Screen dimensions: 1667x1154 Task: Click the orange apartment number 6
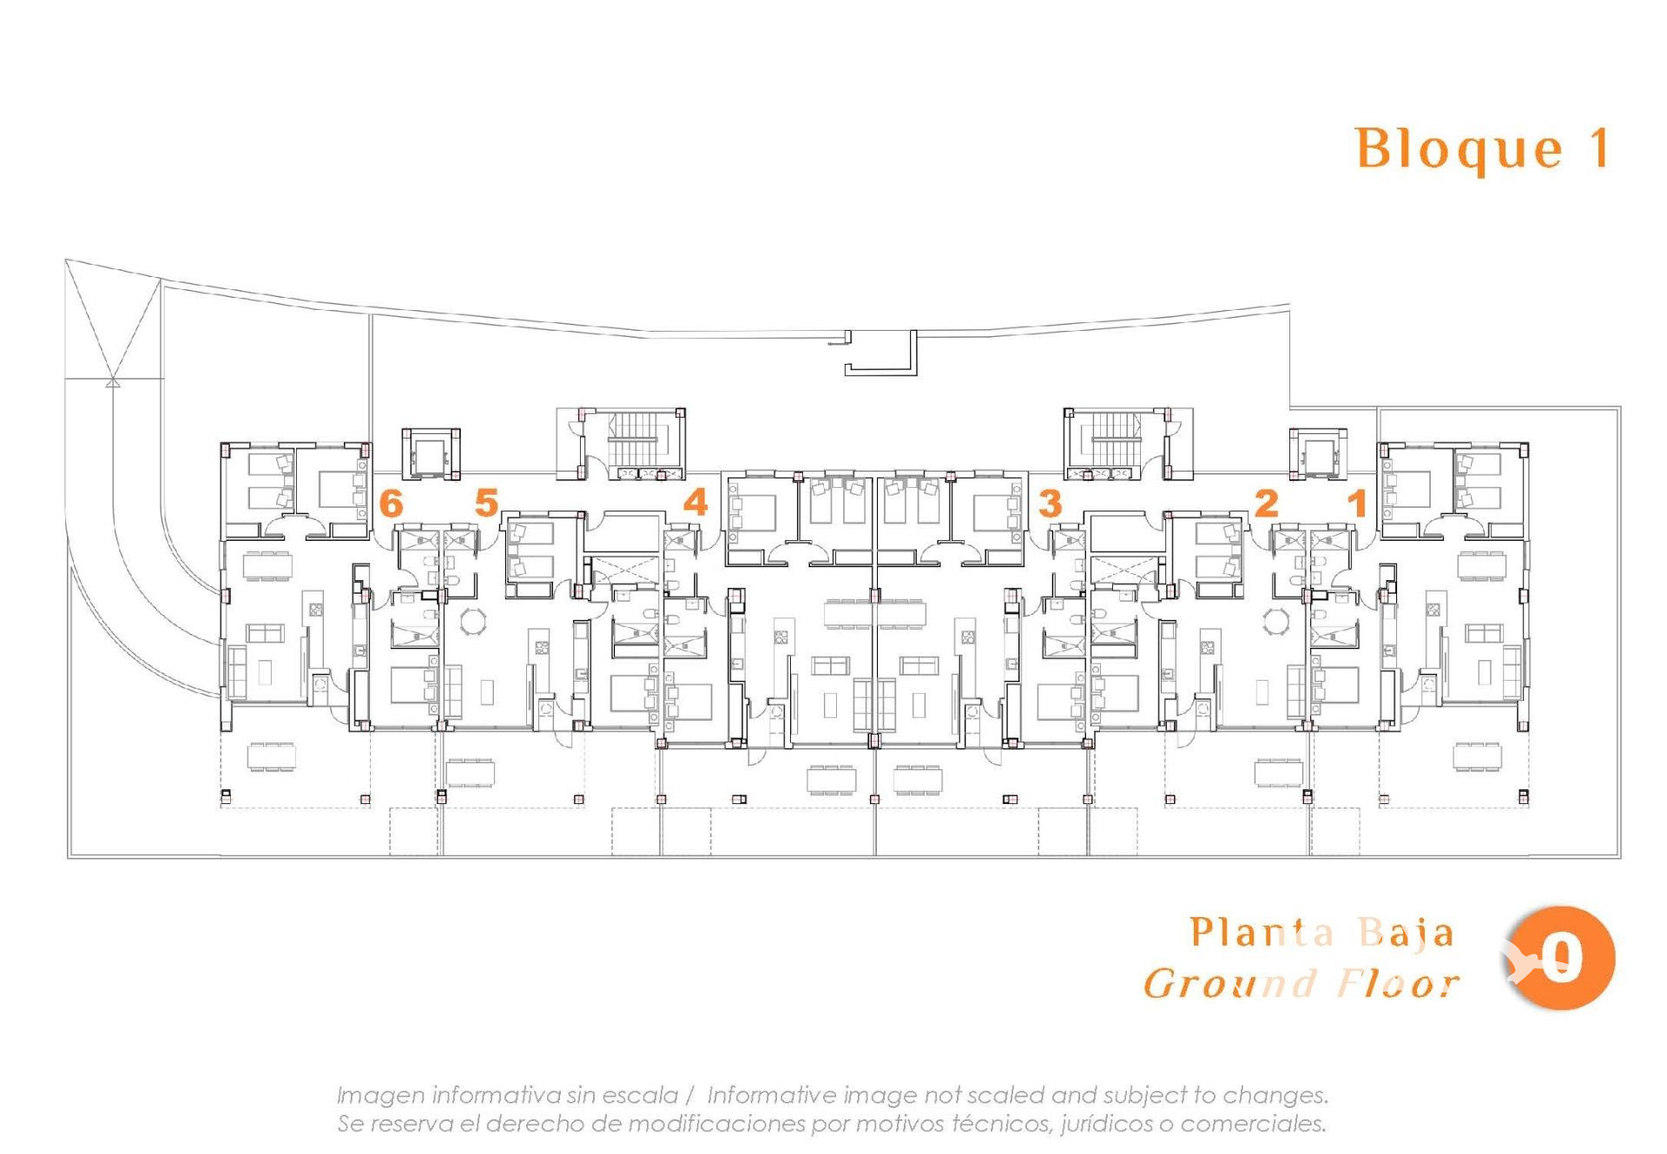coord(392,504)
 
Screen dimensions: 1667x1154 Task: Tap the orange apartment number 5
coord(486,503)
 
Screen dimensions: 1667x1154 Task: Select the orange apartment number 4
coord(695,503)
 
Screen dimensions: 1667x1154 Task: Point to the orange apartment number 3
coord(1051,504)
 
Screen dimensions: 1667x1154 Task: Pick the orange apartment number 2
coord(1267,503)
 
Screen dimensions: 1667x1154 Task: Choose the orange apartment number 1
coord(1357,503)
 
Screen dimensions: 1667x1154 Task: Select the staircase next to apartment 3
coord(1115,439)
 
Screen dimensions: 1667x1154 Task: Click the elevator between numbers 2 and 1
coord(1318,452)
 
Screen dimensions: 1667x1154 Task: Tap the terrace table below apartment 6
coord(272,756)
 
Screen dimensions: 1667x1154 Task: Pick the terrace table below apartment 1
coord(1479,756)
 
